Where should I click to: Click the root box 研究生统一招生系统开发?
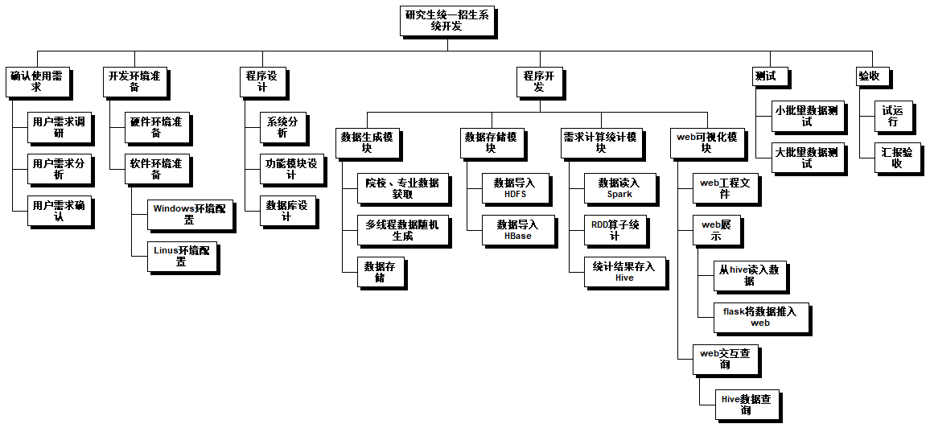pos(446,20)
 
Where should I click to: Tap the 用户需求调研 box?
pos(59,127)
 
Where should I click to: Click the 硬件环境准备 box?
pos(156,127)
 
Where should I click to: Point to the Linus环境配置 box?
pos(181,256)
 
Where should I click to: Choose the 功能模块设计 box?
pos(290,169)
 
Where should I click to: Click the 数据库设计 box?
pos(286,211)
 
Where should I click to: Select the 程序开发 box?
pos(539,81)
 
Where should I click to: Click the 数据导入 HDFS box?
pos(514,188)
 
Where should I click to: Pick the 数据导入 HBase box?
pos(517,230)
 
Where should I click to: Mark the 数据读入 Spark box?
pos(619,188)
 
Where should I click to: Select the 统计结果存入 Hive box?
pos(623,272)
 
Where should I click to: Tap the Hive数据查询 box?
pos(746,404)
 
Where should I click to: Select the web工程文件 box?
pos(725,188)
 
